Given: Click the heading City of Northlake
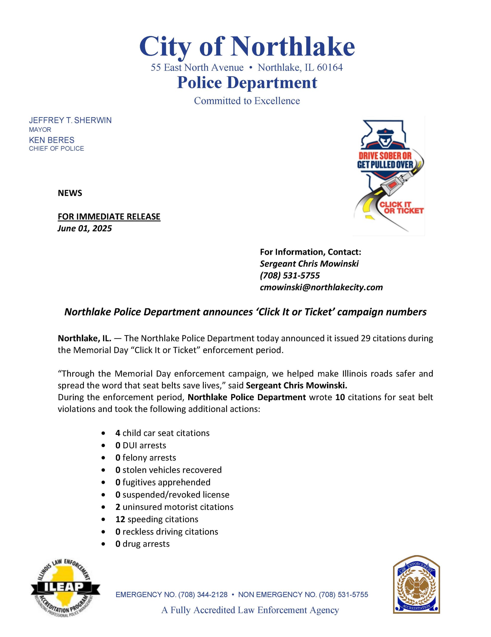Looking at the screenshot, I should click(247, 47).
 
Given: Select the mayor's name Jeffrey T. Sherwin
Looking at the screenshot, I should click(70, 120).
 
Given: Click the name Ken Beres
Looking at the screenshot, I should click(52, 140).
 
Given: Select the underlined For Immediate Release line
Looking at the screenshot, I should click(109, 216).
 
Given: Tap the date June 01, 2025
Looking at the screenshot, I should click(85, 228).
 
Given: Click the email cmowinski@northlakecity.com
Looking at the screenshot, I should click(321, 287).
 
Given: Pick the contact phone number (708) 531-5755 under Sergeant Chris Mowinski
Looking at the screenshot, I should click(290, 275).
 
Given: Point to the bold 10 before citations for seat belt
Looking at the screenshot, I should click(340, 397).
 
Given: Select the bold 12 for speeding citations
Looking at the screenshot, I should click(120, 519).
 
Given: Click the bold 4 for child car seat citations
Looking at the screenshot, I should click(117, 433).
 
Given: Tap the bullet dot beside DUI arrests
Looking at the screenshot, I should click(103, 446).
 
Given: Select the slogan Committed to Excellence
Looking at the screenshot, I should click(247, 101).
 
